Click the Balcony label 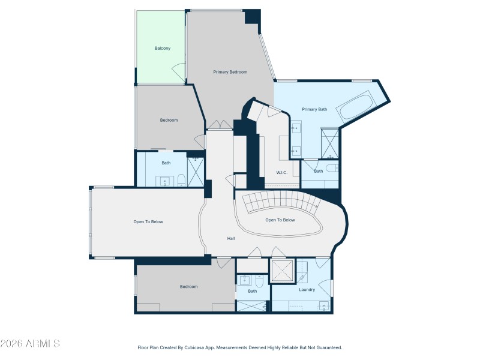pyautogui.click(x=163, y=48)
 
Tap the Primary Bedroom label pyautogui.click(x=230, y=72)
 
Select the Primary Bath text pyautogui.click(x=314, y=109)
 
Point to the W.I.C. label pyautogui.click(x=281, y=173)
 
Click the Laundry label pyautogui.click(x=307, y=290)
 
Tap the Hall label pyautogui.click(x=231, y=238)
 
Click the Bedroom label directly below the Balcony pyautogui.click(x=169, y=120)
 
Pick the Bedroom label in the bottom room pyautogui.click(x=188, y=287)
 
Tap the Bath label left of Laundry pyautogui.click(x=253, y=292)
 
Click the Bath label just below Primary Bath pyautogui.click(x=319, y=171)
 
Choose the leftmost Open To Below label pyautogui.click(x=148, y=222)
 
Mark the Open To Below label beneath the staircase pyautogui.click(x=280, y=220)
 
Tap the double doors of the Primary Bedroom pyautogui.click(x=219, y=125)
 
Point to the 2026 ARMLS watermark pyautogui.click(x=30, y=344)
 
